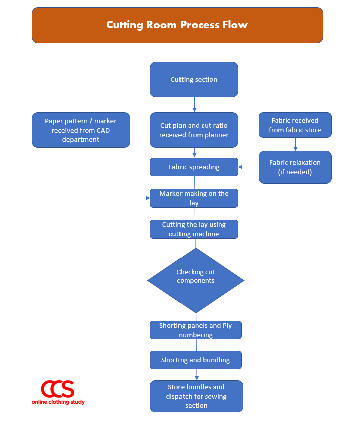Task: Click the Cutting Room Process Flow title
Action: [177, 25]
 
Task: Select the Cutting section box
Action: [194, 79]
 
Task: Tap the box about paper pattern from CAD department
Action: [81, 130]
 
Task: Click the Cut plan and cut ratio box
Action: [194, 130]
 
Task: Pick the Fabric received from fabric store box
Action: [295, 125]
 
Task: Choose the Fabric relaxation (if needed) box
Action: [295, 167]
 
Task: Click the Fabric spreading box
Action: [194, 167]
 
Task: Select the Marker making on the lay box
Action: [194, 198]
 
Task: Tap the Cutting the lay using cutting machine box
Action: [194, 229]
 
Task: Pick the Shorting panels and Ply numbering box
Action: [196, 330]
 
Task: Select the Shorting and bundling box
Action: [196, 360]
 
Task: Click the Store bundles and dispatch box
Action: [196, 396]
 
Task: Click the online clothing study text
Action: [58, 402]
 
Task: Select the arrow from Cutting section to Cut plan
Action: [194, 105]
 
